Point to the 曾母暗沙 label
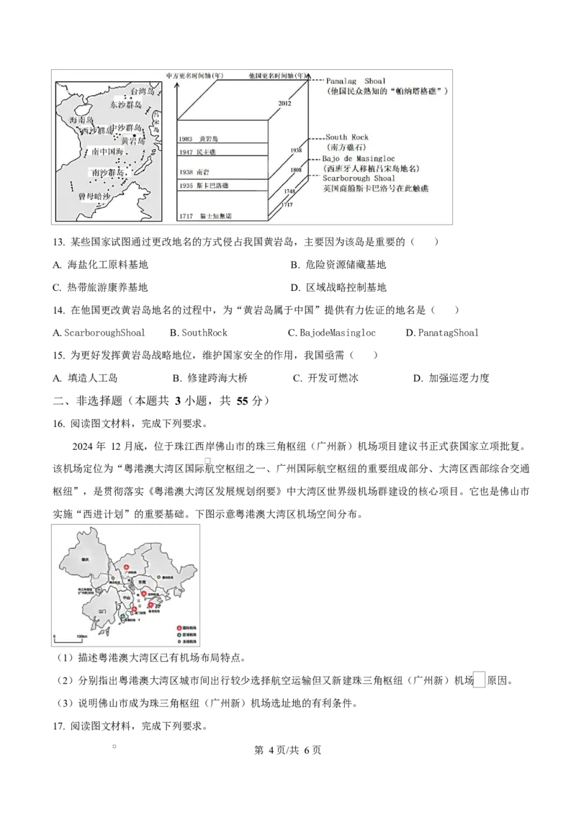[96, 196]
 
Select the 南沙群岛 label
[108, 173]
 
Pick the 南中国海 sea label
[108, 152]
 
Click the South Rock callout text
[346, 137]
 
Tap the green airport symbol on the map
[123, 616]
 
